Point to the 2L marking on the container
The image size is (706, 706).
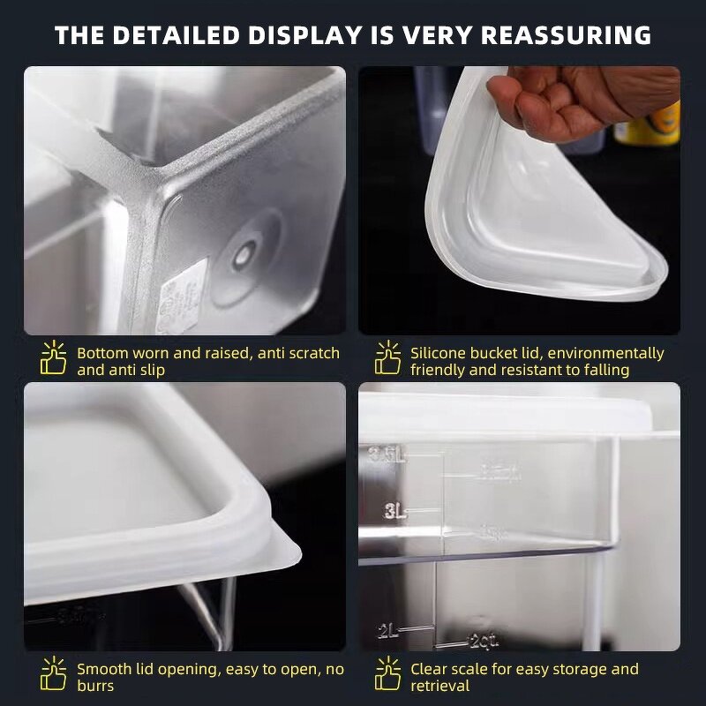(389, 630)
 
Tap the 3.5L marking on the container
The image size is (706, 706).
(389, 455)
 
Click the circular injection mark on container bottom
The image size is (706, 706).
(243, 256)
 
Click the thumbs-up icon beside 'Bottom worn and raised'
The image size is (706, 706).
(53, 358)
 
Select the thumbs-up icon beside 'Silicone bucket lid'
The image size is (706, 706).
(387, 358)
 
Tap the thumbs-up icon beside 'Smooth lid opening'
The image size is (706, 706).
(53, 674)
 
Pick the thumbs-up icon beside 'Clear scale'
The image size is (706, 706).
(387, 674)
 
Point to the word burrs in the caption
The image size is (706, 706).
(95, 686)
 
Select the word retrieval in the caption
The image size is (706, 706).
(439, 686)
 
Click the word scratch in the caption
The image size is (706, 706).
(307, 353)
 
